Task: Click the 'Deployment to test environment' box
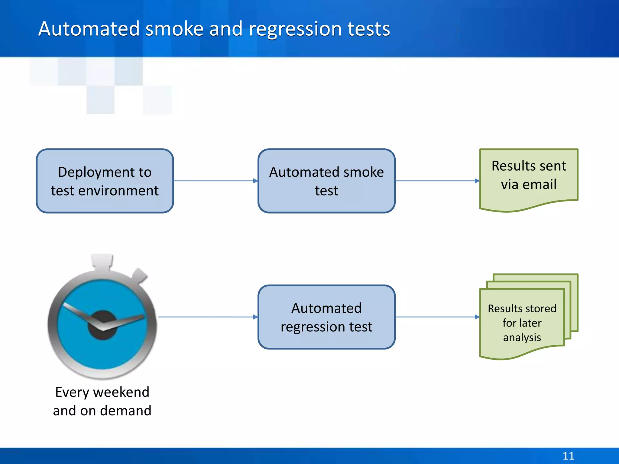105,181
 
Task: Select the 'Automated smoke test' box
326,181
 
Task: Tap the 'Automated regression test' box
326,317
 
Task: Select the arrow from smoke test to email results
437,181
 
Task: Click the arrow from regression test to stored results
437,317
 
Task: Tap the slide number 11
568,456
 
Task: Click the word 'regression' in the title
295,29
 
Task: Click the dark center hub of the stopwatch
102,325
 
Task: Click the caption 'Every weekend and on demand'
102,401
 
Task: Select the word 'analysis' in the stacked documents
522,337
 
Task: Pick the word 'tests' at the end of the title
368,29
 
